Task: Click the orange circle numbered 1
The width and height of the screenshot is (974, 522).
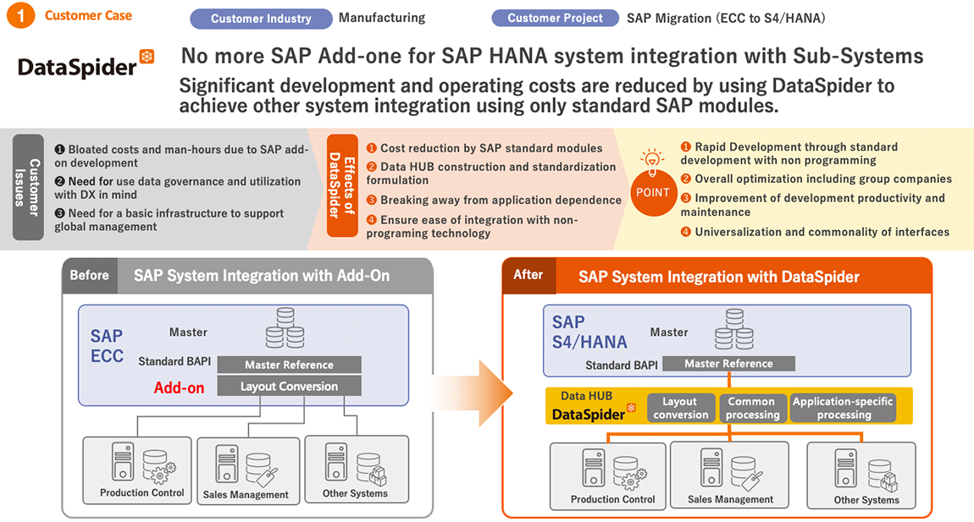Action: [x=20, y=15]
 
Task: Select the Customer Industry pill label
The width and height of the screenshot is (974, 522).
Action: [x=261, y=19]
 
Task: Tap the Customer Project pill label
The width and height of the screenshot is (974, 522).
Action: [x=555, y=18]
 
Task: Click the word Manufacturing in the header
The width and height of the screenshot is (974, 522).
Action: [x=382, y=18]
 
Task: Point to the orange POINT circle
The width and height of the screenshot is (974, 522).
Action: [x=653, y=192]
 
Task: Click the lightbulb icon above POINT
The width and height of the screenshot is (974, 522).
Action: [x=651, y=160]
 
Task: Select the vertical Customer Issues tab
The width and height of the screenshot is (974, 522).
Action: [x=28, y=187]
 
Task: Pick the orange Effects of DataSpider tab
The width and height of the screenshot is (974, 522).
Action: [x=342, y=185]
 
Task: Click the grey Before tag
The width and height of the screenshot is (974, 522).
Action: [x=90, y=275]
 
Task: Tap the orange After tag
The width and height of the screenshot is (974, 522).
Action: [x=529, y=275]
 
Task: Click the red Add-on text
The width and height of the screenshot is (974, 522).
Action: [x=179, y=388]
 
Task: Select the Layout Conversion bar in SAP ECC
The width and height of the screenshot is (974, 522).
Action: [x=289, y=386]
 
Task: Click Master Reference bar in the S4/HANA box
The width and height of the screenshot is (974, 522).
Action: [x=728, y=364]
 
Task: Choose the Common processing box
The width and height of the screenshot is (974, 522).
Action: [x=752, y=408]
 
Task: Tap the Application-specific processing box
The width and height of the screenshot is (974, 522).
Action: [x=843, y=408]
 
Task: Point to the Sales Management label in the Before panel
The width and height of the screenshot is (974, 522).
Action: [x=246, y=495]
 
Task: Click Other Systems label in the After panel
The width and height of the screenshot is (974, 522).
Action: [x=866, y=500]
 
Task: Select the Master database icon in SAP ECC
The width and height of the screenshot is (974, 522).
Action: [x=285, y=327]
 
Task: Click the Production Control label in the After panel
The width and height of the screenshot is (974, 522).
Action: [x=612, y=499]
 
